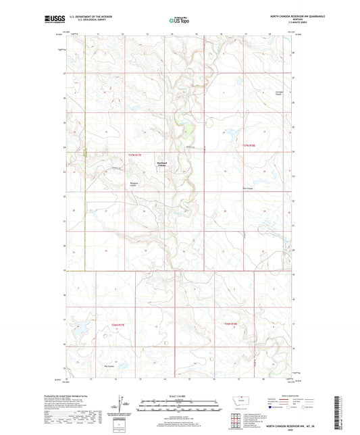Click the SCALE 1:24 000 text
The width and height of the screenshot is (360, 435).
tap(179, 396)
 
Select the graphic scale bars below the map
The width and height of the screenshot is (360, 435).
tap(179, 407)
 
